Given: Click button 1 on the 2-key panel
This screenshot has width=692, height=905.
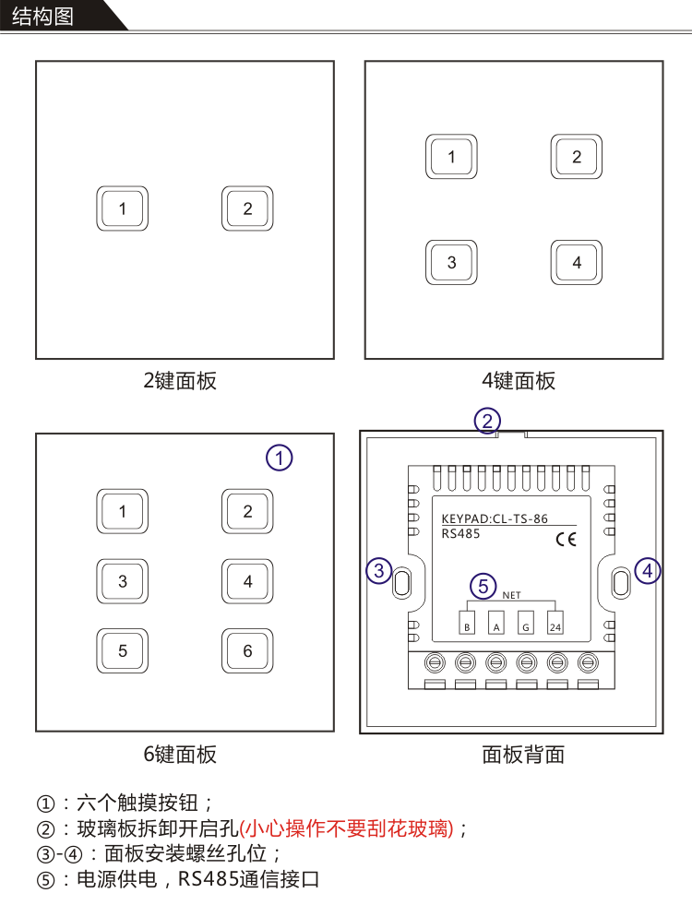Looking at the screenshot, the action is coord(123,208).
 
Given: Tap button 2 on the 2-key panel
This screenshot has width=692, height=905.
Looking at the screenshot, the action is coord(247,208).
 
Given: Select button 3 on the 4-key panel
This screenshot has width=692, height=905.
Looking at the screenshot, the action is coord(451,263).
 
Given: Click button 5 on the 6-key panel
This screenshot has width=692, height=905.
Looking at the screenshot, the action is coord(123,651).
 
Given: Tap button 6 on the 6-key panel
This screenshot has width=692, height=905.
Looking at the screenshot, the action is coord(247,651).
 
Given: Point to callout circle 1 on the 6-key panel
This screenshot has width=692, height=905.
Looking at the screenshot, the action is coord(280,458).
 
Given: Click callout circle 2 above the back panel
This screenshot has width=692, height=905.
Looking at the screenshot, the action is coord(487,421).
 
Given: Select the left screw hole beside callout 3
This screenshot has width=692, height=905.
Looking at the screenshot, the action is coord(401,583).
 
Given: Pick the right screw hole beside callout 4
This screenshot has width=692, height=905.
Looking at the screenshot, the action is coord(621,583).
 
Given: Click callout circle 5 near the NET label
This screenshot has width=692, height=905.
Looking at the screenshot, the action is coord(483,587).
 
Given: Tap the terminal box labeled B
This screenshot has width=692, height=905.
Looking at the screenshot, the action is coord(467,623).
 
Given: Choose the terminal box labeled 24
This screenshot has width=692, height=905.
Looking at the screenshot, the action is coord(555,623).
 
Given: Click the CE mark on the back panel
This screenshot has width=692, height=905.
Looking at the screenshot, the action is coord(567,539).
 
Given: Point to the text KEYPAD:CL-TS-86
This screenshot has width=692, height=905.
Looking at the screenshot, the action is coord(495,518).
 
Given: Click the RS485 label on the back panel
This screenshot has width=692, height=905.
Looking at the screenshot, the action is coord(460,534).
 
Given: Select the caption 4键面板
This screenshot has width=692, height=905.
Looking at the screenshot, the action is coord(519,381).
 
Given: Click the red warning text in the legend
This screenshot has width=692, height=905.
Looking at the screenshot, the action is coord(346,828).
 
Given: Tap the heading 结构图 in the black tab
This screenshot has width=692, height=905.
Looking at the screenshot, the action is coord(42,17).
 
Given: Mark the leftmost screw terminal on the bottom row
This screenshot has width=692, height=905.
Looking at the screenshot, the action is coord(435,662).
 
